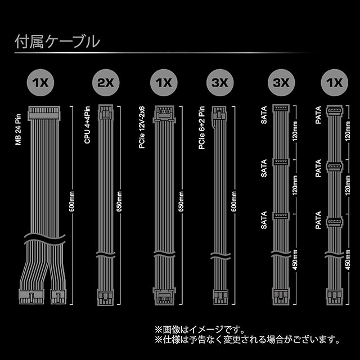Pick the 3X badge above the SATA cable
click(x=280, y=83)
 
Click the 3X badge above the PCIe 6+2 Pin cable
click(x=220, y=83)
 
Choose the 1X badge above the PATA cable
click(x=334, y=83)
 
